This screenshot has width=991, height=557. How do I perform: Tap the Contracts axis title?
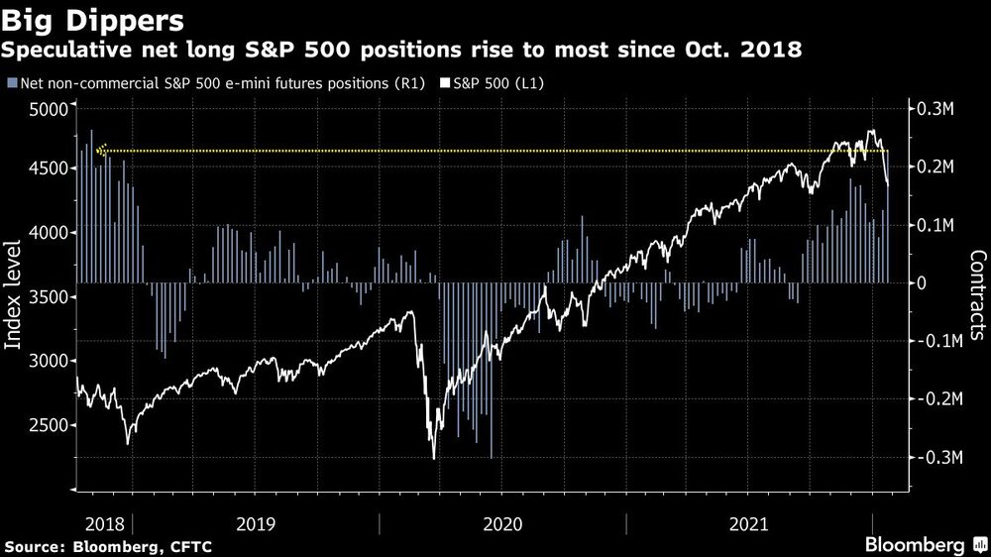coord(976,295)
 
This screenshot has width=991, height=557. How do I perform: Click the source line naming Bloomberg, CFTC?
coord(108,546)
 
